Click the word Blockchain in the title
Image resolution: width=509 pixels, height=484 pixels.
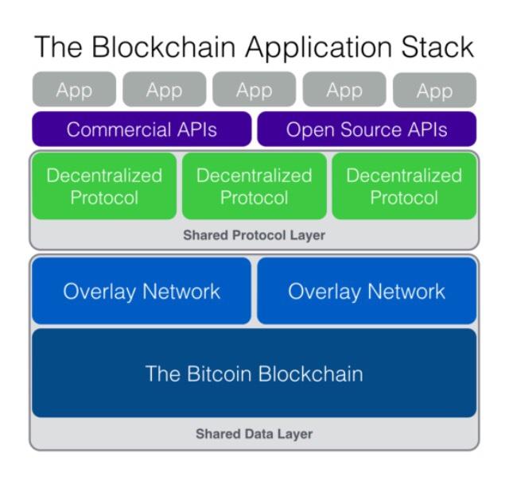[x=163, y=47]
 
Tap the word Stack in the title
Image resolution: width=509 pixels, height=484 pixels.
[x=437, y=47]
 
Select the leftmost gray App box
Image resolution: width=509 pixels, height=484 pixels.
[x=74, y=89]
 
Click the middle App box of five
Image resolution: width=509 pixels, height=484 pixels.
[x=254, y=89]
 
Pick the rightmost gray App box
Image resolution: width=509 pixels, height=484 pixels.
[x=435, y=90]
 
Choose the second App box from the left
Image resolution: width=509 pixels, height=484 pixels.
[x=165, y=89]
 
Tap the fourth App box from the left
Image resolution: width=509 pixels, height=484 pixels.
[x=344, y=89]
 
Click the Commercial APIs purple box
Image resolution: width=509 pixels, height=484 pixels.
[x=142, y=129]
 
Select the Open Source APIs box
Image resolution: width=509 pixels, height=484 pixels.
[x=367, y=129]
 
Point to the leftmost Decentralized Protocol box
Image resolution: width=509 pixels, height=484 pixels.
[x=104, y=186]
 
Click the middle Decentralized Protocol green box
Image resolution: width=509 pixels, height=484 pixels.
[x=254, y=186]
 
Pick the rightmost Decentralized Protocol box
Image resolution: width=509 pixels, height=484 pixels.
[x=404, y=186]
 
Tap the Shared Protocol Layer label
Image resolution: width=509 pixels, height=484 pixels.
[x=254, y=235]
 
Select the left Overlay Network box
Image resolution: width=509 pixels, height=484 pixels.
[x=142, y=291]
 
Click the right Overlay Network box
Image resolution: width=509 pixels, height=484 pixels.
[x=367, y=291]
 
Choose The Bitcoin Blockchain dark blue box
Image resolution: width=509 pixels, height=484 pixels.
[x=254, y=373]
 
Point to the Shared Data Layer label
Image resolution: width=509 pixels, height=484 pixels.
[x=254, y=434]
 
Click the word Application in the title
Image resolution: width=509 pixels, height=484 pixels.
[x=319, y=48]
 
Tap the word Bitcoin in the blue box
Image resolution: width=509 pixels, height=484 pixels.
[x=220, y=374]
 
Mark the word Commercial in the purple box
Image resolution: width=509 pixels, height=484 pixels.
[x=119, y=130]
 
